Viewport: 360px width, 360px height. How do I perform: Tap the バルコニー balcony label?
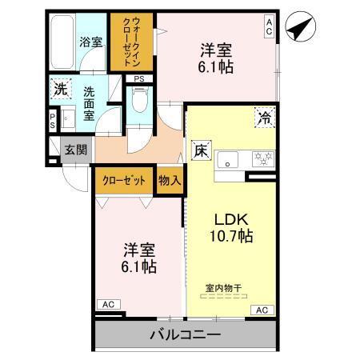point(185,334)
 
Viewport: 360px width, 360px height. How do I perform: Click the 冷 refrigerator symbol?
point(263,118)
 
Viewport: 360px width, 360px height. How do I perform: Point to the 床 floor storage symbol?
point(200,150)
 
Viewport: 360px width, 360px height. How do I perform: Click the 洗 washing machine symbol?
point(60,90)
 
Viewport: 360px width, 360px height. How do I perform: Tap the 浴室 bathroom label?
point(90,41)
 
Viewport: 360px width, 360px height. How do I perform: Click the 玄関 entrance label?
point(76,150)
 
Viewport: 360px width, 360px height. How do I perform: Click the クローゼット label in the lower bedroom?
point(124,180)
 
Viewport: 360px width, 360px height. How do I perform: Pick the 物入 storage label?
point(170,180)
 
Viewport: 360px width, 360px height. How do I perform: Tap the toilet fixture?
point(140,102)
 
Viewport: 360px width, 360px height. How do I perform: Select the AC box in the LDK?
point(260,310)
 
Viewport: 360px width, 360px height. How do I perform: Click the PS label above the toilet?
point(139,78)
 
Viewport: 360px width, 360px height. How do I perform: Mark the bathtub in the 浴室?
point(62,40)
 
